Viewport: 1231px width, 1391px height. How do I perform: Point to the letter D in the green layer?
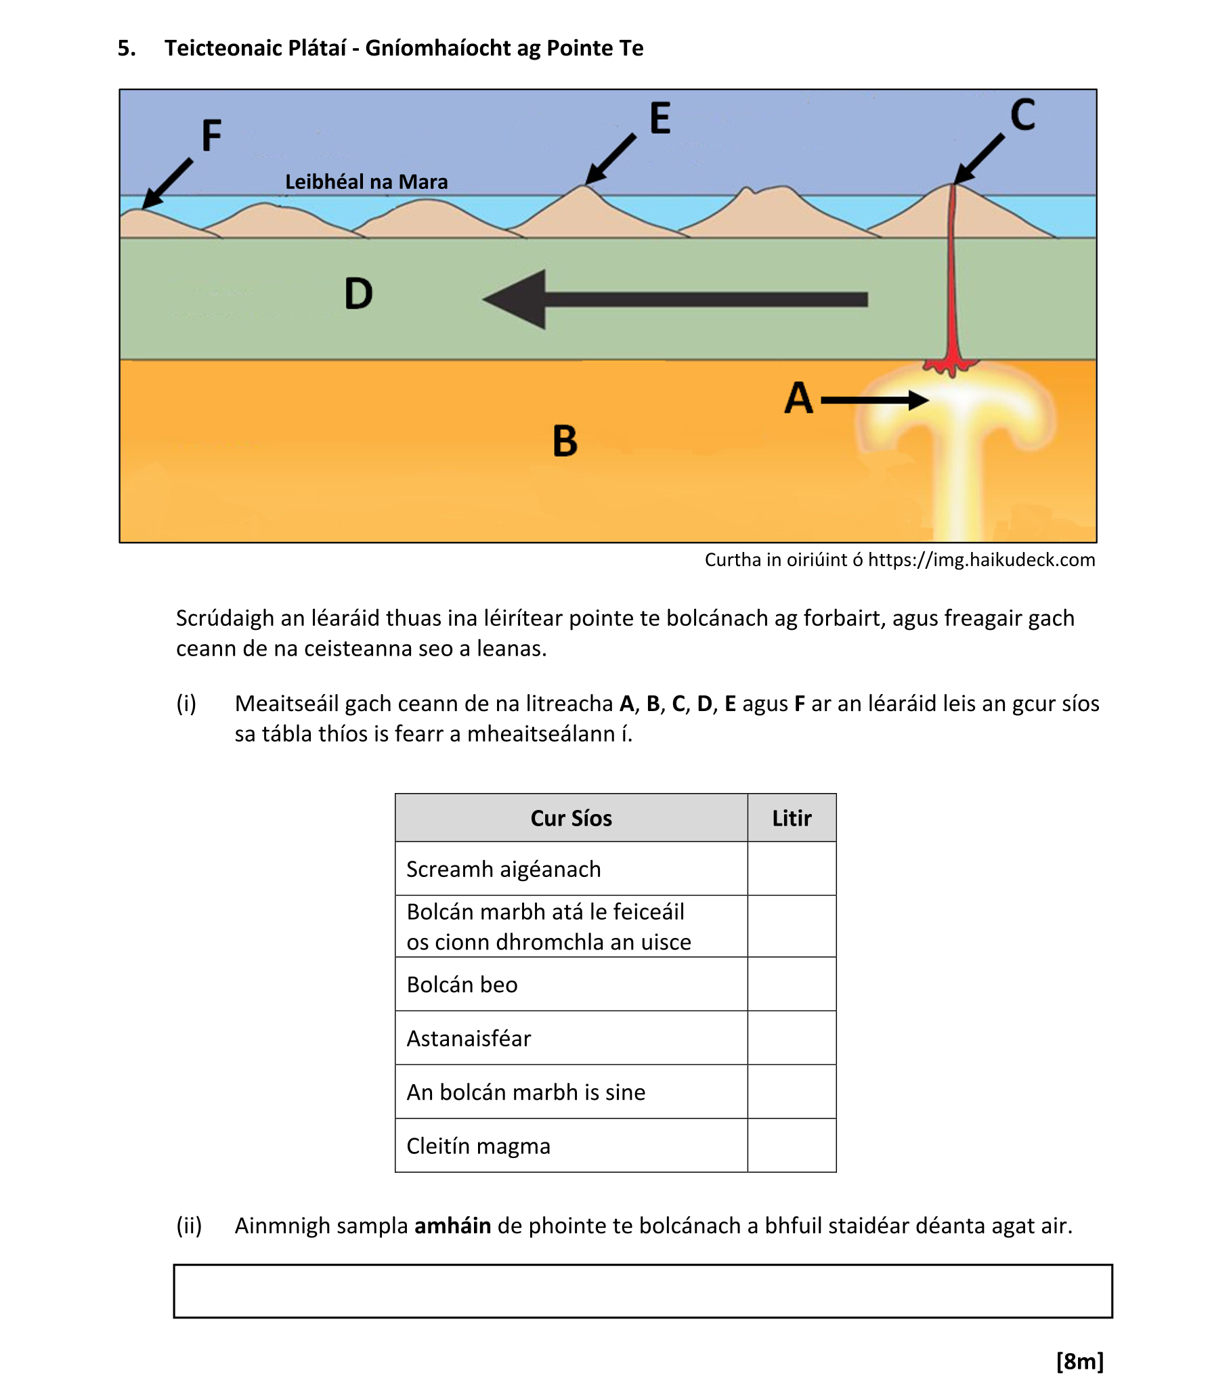[x=359, y=293]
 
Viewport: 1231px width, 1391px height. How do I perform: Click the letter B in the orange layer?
[x=565, y=441]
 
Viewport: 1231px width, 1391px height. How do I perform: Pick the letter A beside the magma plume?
[x=799, y=398]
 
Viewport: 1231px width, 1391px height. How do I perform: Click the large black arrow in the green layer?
[x=674, y=299]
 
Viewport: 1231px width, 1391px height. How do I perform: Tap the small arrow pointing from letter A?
[x=874, y=400]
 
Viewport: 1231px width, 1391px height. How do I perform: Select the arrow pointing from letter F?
[x=167, y=183]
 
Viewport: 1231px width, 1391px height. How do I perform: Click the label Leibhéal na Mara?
[x=366, y=181]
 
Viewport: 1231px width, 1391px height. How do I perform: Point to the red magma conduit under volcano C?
[x=953, y=286]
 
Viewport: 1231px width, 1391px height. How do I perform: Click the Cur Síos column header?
[x=571, y=818]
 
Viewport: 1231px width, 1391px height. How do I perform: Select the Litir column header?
[x=792, y=818]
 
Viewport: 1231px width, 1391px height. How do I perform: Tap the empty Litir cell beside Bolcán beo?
[x=792, y=984]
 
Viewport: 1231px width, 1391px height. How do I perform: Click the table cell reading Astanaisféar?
[x=469, y=1038]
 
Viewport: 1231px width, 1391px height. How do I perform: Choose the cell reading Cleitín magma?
[x=478, y=1146]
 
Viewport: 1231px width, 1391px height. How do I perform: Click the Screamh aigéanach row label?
[x=504, y=869]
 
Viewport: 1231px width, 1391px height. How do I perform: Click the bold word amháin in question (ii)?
[x=452, y=1226]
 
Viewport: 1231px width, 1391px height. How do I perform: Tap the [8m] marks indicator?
[x=1079, y=1361]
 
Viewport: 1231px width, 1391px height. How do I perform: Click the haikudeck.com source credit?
[x=900, y=559]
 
